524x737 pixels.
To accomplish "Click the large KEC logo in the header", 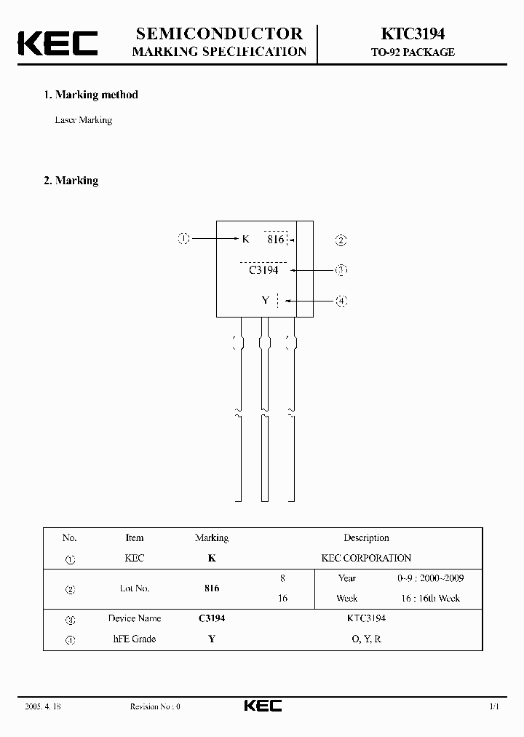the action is point(57,42).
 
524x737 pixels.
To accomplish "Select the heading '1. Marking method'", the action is point(90,95).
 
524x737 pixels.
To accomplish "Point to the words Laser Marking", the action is point(84,120).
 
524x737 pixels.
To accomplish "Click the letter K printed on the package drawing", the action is point(245,239).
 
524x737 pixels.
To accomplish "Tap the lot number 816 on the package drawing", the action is point(275,239).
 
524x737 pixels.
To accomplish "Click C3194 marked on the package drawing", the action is point(263,269).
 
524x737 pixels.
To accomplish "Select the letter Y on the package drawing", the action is point(266,300).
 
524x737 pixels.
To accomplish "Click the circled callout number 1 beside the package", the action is point(184,238).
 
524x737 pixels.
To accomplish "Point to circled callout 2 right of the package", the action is point(341,240).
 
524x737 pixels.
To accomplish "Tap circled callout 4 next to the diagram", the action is point(341,300).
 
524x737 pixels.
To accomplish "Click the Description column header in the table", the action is point(366,538).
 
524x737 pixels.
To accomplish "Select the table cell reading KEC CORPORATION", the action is point(366,558).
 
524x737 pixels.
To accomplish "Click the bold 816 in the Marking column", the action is point(212,588).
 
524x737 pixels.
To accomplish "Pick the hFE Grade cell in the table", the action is point(135,639).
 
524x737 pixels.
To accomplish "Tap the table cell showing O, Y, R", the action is point(366,639).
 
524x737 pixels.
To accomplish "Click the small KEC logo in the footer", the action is point(262,706).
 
